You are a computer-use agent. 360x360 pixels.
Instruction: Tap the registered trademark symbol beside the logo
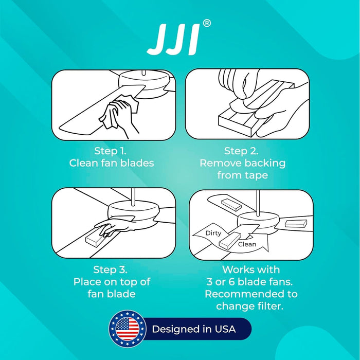pos(207,24)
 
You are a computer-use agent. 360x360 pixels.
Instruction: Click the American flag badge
pos(128,329)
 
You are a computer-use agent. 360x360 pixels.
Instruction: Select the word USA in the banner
pos(225,329)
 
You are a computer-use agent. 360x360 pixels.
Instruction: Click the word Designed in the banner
pos(176,329)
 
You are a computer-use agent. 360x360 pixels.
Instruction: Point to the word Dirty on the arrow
pos(213,233)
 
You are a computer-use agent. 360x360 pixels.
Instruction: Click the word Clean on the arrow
pos(247,244)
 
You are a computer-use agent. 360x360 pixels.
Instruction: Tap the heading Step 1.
pos(111,151)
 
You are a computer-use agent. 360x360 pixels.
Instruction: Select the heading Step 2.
pos(241,151)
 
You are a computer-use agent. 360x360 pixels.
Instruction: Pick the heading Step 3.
pos(111,269)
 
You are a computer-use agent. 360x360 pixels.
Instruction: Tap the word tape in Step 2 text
pos(257,175)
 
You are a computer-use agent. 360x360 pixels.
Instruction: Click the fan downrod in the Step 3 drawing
pos(133,196)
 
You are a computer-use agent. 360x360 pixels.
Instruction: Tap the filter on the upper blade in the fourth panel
pos(231,205)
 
